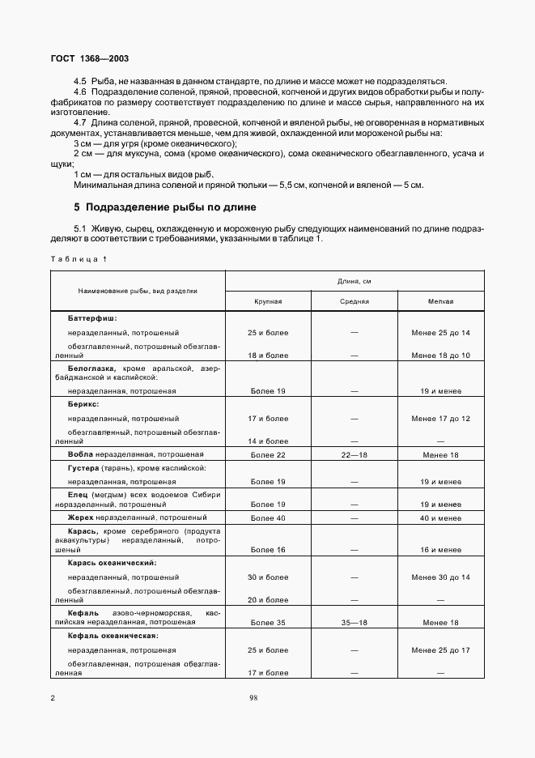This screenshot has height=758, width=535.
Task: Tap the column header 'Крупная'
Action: (269, 301)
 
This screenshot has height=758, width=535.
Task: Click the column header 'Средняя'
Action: (355, 301)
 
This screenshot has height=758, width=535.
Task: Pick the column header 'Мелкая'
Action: (440, 301)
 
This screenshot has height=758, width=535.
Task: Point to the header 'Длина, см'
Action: (355, 281)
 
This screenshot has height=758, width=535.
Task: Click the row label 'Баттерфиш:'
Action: (93, 318)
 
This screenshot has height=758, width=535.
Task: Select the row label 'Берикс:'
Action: (83, 403)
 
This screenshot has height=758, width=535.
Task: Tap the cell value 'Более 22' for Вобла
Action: (269, 455)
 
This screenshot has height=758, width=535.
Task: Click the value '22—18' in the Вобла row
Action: (355, 455)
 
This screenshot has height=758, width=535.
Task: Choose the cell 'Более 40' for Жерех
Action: (269, 517)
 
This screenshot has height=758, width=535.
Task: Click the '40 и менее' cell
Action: (440, 517)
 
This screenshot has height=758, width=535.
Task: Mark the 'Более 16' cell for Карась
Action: (269, 550)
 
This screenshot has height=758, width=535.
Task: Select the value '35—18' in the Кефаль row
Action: (355, 623)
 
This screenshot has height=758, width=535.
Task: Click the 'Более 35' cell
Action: (269, 623)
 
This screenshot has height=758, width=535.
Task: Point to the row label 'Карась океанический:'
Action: (113, 563)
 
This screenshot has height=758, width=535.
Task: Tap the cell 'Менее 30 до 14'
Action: (440, 577)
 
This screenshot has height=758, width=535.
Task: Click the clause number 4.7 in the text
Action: (80, 121)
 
